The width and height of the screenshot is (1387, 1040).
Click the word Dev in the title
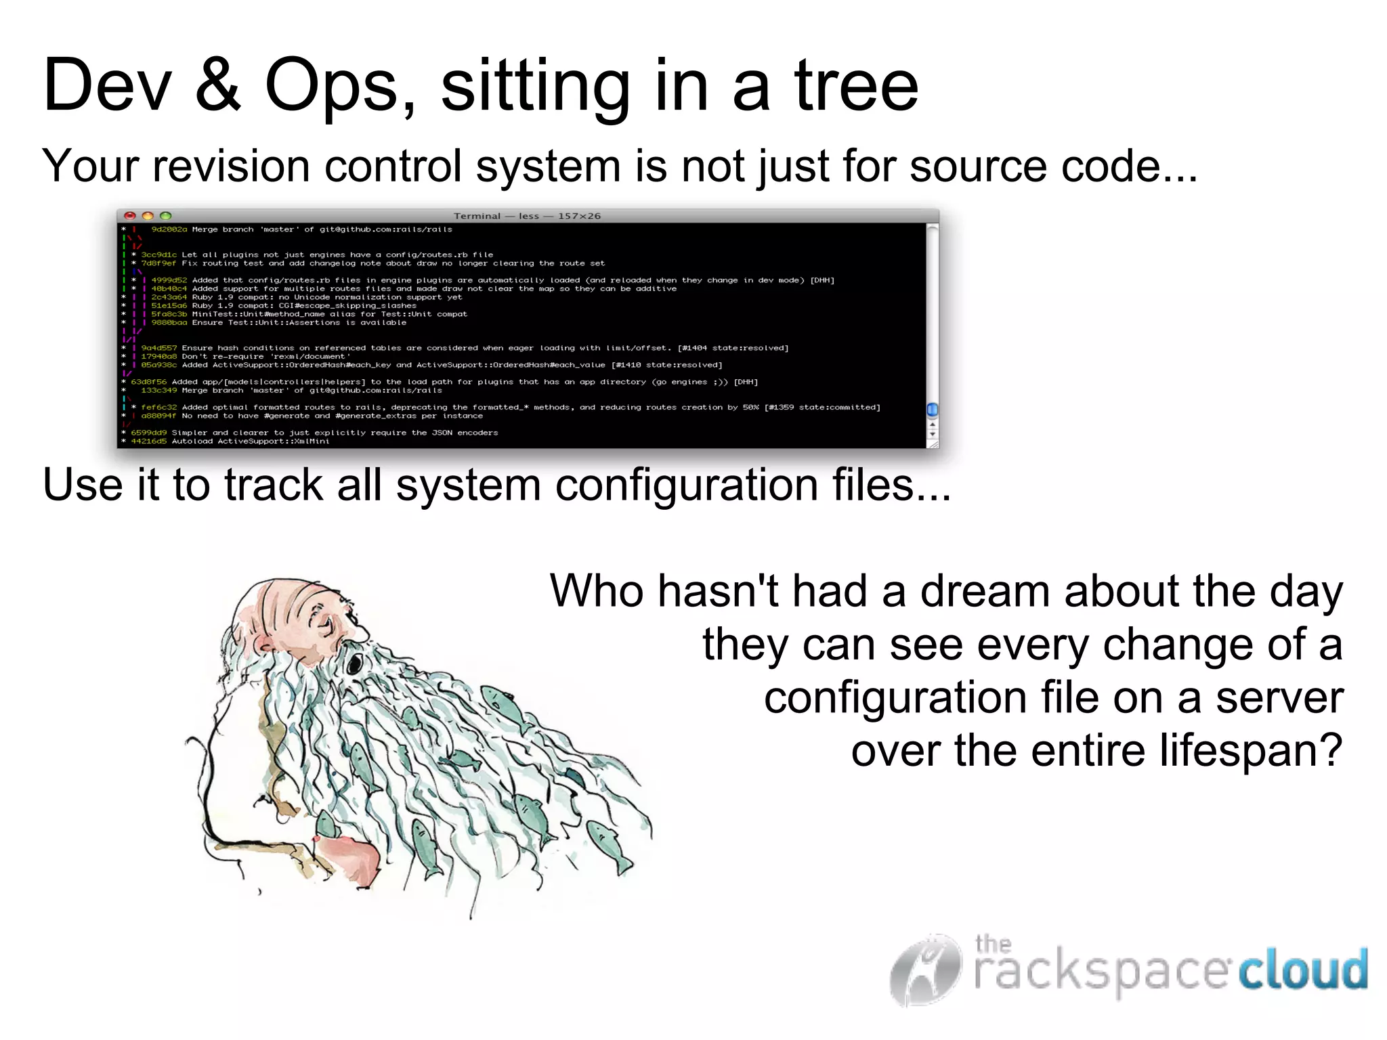click(108, 86)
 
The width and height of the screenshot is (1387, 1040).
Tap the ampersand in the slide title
click(218, 86)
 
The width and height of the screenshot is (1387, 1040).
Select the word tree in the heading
click(856, 86)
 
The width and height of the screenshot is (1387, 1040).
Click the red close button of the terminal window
click(130, 216)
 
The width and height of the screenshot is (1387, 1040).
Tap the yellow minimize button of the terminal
click(148, 216)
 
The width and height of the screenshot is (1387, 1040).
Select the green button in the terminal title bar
click(165, 216)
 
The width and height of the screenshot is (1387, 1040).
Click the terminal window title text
click(527, 216)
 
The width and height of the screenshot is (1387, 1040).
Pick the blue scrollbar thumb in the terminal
click(932, 410)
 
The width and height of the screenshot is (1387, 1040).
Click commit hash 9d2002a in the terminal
click(169, 230)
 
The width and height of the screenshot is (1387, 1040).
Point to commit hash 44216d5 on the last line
click(148, 441)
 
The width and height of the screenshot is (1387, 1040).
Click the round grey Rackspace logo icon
click(925, 970)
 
